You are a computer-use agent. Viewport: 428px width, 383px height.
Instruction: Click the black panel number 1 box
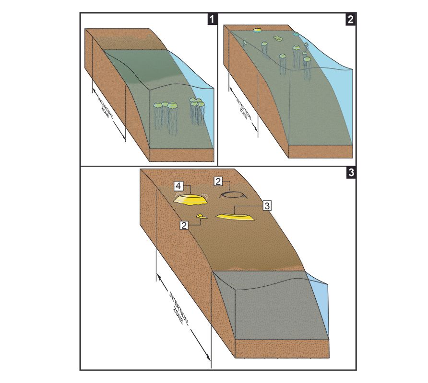[213, 19]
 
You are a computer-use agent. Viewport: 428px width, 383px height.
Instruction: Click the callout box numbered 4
[178, 186]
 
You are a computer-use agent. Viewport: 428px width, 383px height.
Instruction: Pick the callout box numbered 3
[267, 206]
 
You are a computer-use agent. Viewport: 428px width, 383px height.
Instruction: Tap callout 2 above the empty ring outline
[218, 181]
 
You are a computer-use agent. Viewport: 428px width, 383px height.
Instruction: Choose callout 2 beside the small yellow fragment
[184, 225]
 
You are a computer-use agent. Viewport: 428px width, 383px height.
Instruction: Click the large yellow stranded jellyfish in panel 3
[190, 200]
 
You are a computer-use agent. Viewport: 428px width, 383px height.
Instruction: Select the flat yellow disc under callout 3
[235, 217]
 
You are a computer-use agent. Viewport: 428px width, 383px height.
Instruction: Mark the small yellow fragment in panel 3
[202, 216]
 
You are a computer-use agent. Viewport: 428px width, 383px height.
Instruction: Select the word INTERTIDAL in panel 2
[244, 107]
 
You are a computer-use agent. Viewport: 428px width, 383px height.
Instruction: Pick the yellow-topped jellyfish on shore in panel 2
[257, 29]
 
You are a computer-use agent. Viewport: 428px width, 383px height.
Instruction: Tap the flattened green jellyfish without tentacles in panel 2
[278, 38]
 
